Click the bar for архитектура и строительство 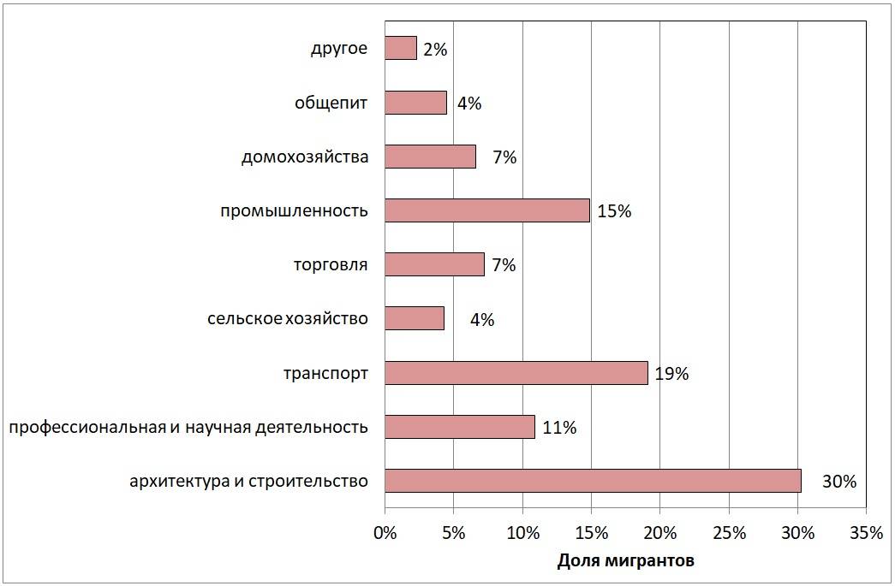click(593, 481)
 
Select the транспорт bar click(516, 373)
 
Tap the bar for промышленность click(487, 210)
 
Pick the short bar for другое click(401, 49)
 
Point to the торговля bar click(435, 264)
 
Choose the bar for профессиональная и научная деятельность click(460, 427)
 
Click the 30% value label click(839, 482)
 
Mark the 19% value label click(672, 374)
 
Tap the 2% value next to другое click(435, 50)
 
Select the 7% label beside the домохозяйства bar click(504, 157)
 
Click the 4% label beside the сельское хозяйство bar click(482, 320)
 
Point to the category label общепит click(331, 104)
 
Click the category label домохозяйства click(305, 157)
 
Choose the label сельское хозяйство click(288, 319)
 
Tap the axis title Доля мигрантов click(626, 561)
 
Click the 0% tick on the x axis click(385, 533)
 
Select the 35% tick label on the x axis click(866, 533)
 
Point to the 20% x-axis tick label click(660, 533)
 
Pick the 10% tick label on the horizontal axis click(522, 533)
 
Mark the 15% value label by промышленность click(614, 211)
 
